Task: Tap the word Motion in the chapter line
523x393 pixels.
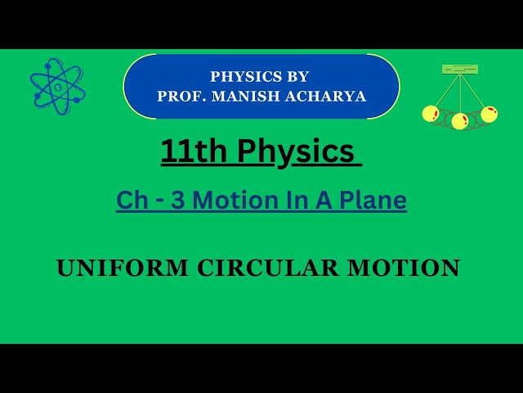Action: [x=229, y=200]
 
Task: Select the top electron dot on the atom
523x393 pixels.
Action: [x=54, y=61]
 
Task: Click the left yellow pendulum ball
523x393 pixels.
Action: [x=431, y=114]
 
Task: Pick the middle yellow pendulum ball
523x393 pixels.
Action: [x=460, y=121]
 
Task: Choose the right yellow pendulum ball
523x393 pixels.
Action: [x=489, y=114]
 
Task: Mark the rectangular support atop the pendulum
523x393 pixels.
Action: [x=460, y=70]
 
